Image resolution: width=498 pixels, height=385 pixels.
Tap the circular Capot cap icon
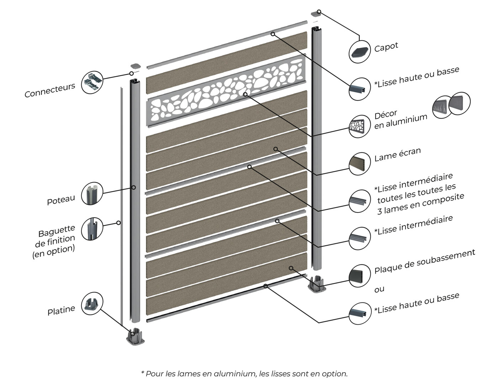pyautogui.click(x=359, y=51)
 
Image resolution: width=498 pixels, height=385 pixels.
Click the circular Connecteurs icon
pyautogui.click(x=92, y=82)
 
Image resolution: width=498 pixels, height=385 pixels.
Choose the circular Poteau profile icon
pyautogui.click(x=92, y=194)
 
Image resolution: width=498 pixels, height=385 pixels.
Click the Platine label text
pyautogui.click(x=61, y=310)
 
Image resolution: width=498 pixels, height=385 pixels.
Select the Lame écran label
pyautogui.click(x=397, y=154)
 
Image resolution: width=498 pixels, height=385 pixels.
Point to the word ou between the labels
pyautogui.click(x=379, y=289)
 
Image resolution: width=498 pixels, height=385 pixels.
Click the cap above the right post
pyautogui.click(x=316, y=14)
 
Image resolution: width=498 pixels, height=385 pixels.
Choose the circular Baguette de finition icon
pyautogui.click(x=92, y=228)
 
